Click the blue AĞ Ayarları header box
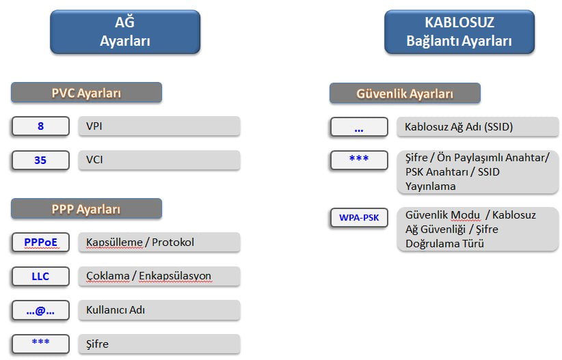[125, 32]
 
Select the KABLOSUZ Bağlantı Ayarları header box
[459, 32]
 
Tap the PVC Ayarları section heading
[86, 93]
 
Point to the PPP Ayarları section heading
[86, 209]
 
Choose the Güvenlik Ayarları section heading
[405, 94]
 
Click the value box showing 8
[40, 126]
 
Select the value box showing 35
[40, 160]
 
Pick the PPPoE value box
[40, 243]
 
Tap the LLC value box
[40, 277]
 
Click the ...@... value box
[40, 310]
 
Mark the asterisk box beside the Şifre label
[40, 344]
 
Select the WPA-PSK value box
[359, 218]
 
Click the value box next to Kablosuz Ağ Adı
[359, 127]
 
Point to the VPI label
[94, 126]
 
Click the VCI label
[94, 160]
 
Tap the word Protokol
[173, 242]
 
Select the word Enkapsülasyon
[175, 276]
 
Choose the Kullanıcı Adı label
[116, 310]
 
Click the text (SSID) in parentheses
[498, 127]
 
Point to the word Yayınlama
[431, 186]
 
